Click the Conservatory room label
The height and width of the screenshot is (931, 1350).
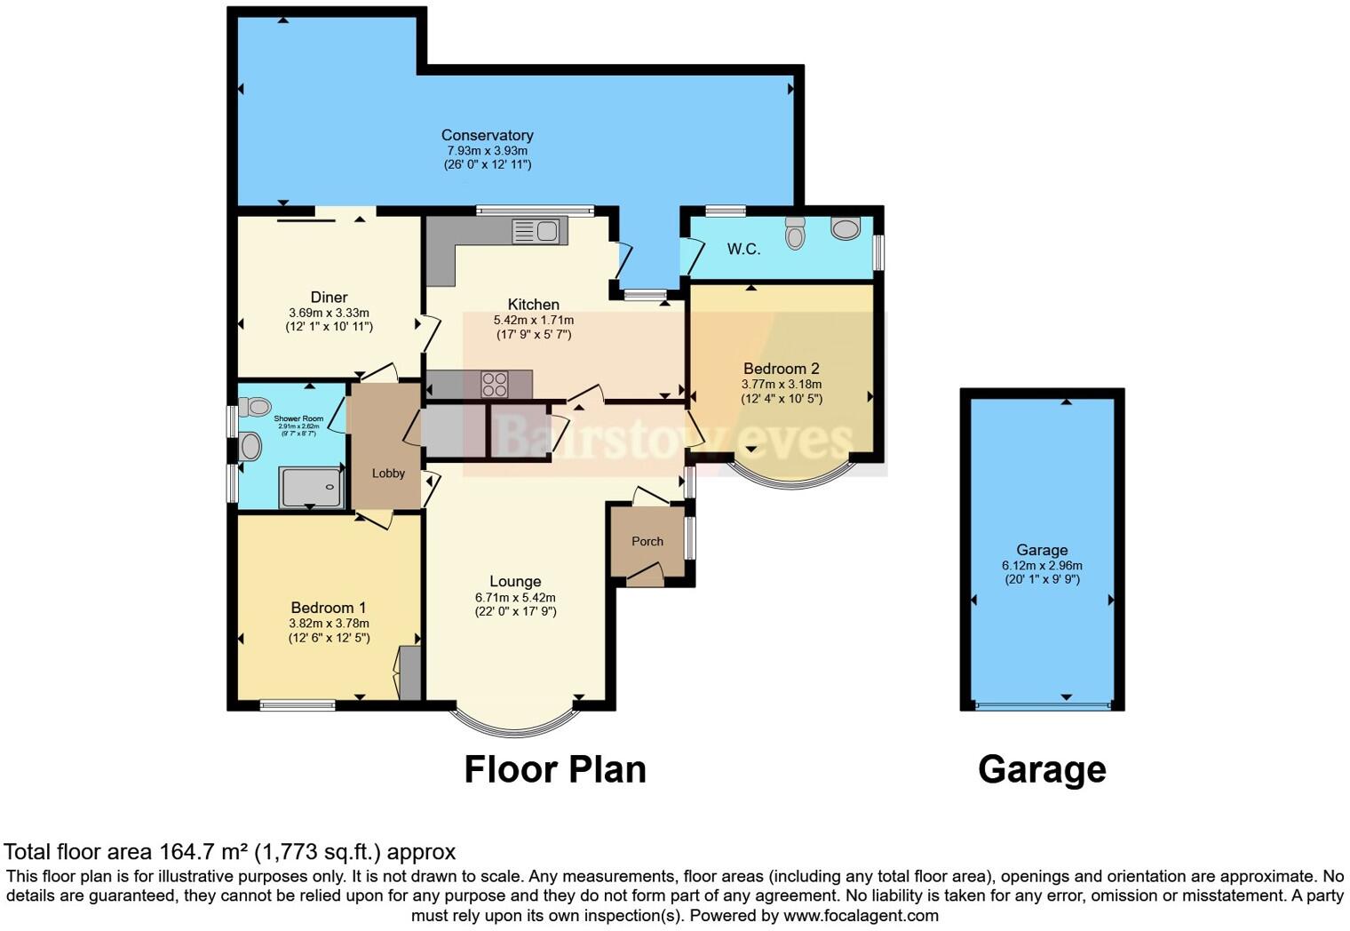coord(487,135)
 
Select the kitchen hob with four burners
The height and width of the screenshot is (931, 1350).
coord(494,385)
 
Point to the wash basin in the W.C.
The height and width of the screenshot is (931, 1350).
coord(846,228)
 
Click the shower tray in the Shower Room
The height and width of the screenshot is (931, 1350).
coord(311,488)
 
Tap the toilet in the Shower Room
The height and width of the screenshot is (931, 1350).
coord(257,407)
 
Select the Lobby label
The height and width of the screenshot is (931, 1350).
coord(388,473)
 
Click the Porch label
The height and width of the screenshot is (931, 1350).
coord(647,541)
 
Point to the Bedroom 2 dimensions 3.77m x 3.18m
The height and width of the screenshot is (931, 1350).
coord(782,385)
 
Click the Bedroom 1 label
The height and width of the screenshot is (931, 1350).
coord(329,608)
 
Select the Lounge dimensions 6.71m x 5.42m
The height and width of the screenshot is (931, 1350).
coord(515,598)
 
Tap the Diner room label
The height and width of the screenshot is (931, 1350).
coord(329,298)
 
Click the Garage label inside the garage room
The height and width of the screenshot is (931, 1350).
coord(1042,550)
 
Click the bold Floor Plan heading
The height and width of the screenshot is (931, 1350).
coord(555,769)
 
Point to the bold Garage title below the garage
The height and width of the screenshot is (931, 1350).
coord(1042,769)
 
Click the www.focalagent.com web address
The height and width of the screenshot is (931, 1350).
coord(861,915)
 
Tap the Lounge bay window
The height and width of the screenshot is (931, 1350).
coord(515,727)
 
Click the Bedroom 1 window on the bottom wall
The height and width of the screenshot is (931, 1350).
coord(298,706)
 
